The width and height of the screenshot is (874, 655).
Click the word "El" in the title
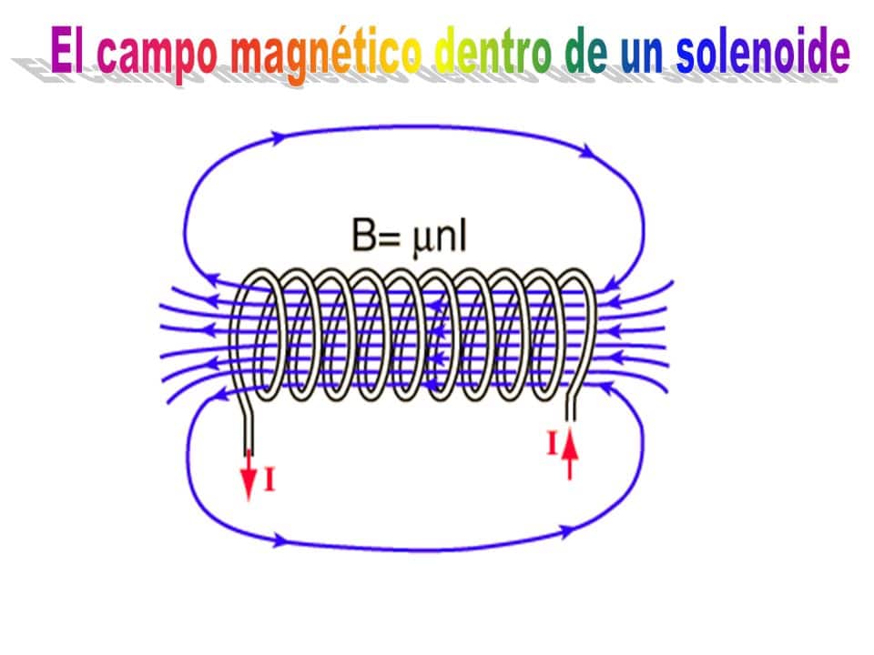pyautogui.click(x=66, y=49)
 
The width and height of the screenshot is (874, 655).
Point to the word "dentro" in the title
pyautogui.click(x=493, y=50)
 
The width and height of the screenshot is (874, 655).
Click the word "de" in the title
pyautogui.click(x=585, y=50)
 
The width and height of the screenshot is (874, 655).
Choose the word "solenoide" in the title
pyautogui.click(x=763, y=50)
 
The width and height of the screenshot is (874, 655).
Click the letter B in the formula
pyautogui.click(x=364, y=235)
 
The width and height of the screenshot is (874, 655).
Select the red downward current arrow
pyautogui.click(x=248, y=475)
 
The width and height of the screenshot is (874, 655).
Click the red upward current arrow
pyautogui.click(x=569, y=454)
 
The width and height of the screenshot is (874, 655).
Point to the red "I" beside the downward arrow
pyautogui.click(x=269, y=479)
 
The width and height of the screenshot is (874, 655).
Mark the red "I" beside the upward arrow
pyautogui.click(x=553, y=444)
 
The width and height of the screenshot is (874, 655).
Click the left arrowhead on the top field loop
pyautogui.click(x=277, y=136)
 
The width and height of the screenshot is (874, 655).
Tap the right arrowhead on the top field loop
pyautogui.click(x=587, y=150)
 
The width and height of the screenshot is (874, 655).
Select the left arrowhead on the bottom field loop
pyautogui.click(x=281, y=539)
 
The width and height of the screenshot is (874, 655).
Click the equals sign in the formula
pyautogui.click(x=391, y=238)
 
